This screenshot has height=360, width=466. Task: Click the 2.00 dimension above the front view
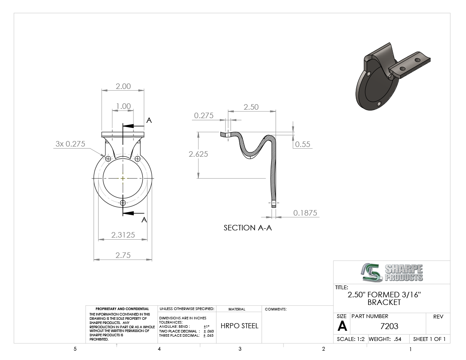[x=123, y=86]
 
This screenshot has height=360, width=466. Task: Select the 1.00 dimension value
[x=123, y=106]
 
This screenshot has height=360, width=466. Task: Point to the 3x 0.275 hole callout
[x=70, y=144]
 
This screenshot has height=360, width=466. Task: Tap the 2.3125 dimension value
[x=123, y=235]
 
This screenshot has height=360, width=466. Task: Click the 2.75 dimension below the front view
[x=123, y=255]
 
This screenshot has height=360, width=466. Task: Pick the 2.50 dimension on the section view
[x=251, y=107]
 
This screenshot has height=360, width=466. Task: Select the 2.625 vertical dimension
[x=198, y=154]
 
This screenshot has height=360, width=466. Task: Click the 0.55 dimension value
[x=302, y=144]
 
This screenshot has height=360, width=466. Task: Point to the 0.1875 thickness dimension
[x=305, y=213]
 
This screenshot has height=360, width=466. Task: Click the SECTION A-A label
[x=247, y=228]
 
